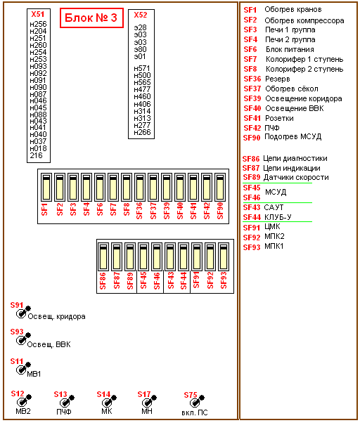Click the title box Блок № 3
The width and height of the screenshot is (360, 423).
[x=91, y=18]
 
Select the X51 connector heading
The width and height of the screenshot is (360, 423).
[x=38, y=14]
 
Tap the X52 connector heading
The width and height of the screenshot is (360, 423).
[x=141, y=15]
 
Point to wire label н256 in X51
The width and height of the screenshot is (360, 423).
[x=38, y=24]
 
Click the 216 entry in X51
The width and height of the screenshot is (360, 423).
[x=36, y=155]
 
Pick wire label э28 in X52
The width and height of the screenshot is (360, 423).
[x=140, y=27]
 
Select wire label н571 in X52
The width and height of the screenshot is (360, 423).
[x=141, y=69]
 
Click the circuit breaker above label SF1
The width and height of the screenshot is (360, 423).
[x=46, y=187]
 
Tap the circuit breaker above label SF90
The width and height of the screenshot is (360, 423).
[x=220, y=187]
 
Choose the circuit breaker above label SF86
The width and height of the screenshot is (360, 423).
[x=103, y=256]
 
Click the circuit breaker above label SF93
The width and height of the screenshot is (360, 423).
[x=224, y=256]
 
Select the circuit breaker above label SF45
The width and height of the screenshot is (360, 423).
[x=143, y=256]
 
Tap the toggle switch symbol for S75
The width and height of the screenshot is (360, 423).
[x=197, y=401]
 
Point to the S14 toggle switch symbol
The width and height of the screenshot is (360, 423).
[x=109, y=401]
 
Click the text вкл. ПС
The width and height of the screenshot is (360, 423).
[x=195, y=412]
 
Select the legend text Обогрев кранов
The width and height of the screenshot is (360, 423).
[x=293, y=10]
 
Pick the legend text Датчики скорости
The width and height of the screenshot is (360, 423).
[x=296, y=178]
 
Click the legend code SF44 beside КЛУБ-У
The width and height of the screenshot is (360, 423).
[x=252, y=217]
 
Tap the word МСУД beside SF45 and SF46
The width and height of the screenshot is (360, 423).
[x=276, y=192]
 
